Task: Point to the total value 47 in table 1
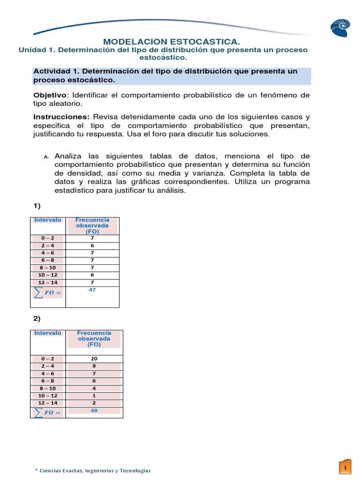[92, 290]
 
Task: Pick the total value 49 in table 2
[94, 410]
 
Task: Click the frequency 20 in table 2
[94, 359]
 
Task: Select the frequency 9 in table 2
[94, 366]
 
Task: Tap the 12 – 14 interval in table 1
[48, 283]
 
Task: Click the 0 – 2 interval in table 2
[48, 359]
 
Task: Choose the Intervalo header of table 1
[48, 220]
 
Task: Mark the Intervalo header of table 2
[48, 333]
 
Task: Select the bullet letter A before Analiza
[46, 157]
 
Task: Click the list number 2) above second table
[37, 318]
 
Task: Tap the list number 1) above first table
[37, 205]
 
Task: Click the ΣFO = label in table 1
[47, 293]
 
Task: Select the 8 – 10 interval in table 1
[48, 268]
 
